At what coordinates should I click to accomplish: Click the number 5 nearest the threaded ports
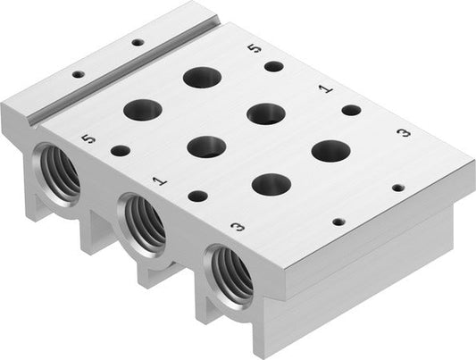click(87, 139)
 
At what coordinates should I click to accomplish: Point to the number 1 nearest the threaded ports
click(159, 181)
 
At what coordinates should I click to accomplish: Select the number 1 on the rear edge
click(326, 88)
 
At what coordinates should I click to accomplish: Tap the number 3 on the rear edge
click(404, 132)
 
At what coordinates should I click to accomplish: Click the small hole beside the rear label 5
click(274, 66)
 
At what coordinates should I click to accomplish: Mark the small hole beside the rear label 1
click(351, 110)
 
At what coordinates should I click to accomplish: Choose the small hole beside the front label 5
click(120, 151)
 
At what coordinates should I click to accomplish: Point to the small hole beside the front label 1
click(198, 196)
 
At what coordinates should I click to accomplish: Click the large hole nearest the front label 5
click(143, 111)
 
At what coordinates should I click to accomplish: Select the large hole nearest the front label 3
click(271, 184)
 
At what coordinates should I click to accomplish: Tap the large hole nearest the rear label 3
click(330, 150)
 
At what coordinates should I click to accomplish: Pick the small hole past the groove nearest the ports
click(78, 74)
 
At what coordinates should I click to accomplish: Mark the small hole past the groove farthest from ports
click(137, 41)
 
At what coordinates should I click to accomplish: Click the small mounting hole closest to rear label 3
click(397, 188)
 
